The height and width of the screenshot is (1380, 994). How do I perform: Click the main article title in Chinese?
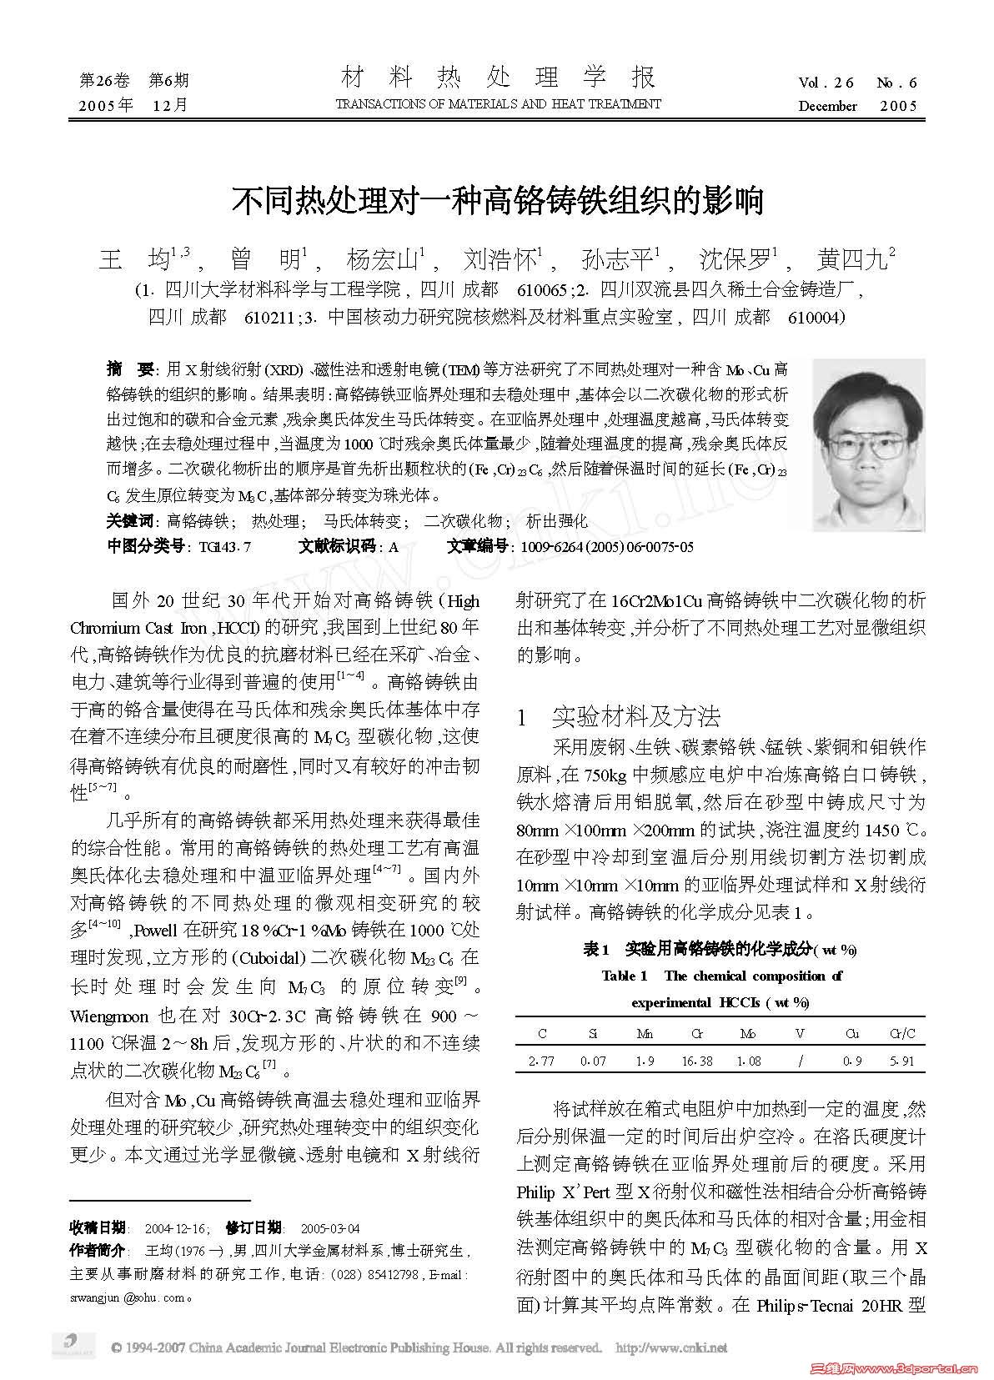click(497, 200)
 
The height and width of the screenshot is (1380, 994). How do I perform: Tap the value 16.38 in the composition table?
click(696, 1061)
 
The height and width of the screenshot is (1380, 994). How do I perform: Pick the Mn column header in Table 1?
click(645, 1034)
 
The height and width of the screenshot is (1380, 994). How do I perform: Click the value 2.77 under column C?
click(542, 1061)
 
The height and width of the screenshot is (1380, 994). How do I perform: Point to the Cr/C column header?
click(902, 1034)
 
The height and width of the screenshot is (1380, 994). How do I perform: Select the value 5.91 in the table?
click(902, 1061)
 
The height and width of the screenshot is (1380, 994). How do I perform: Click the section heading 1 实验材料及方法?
click(619, 717)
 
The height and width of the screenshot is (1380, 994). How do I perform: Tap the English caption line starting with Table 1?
click(721, 976)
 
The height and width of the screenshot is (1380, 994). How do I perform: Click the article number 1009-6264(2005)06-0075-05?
click(606, 547)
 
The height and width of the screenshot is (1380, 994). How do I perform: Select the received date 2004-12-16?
click(176, 1228)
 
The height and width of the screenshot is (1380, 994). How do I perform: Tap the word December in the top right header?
click(827, 106)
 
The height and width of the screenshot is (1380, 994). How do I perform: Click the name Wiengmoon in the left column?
click(109, 1016)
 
